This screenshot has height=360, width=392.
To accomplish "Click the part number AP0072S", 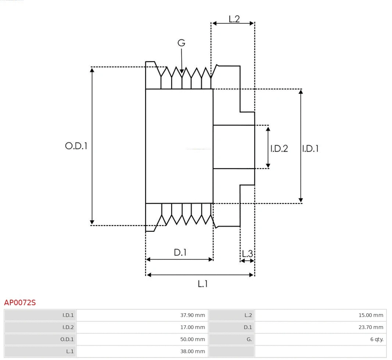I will click(20, 303).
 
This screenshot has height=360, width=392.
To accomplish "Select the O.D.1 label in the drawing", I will click(76, 146).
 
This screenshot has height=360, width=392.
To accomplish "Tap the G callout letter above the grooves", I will click(181, 43).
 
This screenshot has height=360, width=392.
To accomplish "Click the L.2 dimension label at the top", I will click(234, 19).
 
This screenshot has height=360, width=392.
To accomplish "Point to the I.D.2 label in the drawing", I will click(279, 149).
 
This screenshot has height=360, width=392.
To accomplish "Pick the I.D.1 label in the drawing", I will click(310, 149).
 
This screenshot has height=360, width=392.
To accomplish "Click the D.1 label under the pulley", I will click(180, 253).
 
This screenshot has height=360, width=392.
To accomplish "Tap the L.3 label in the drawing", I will click(247, 253).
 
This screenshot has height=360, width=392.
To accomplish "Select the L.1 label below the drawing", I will click(203, 284).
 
